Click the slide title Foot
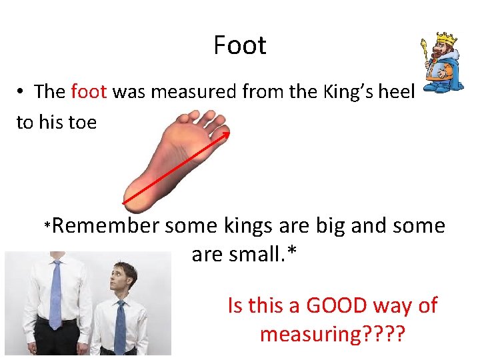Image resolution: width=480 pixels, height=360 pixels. click(240, 45)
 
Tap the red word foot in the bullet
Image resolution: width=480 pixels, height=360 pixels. click(89, 91)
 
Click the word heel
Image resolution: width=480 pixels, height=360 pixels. click(397, 91)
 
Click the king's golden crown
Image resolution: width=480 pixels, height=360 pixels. click(445, 39)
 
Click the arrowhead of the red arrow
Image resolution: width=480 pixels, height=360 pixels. click(227, 134)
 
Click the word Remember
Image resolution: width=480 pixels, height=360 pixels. click(105, 226)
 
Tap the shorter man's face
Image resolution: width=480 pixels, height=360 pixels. click(120, 281)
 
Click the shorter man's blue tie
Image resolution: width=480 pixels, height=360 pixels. click(120, 327)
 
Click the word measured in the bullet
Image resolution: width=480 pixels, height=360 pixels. click(193, 91)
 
